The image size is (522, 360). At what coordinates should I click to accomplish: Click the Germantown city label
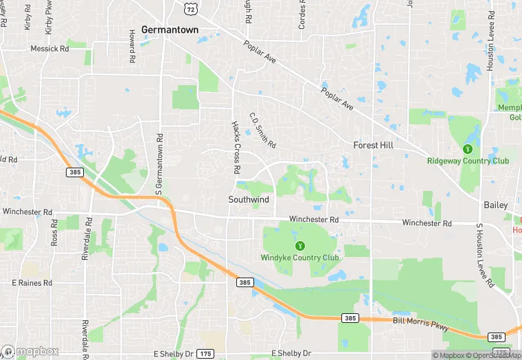pyautogui.click(x=170, y=30)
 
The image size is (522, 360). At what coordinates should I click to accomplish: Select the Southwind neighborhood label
pyautogui.click(x=249, y=199)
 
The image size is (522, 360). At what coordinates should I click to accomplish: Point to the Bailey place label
pyautogui.click(x=495, y=205)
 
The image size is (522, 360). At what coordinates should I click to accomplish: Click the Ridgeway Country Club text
pyautogui.click(x=468, y=161)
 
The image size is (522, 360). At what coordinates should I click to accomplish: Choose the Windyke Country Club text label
pyautogui.click(x=299, y=258)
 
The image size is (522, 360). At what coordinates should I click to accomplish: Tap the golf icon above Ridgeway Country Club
pyautogui.click(x=468, y=148)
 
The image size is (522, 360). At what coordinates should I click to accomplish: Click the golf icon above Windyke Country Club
pyautogui.click(x=299, y=245)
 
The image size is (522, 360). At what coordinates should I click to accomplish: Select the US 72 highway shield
pyautogui.click(x=191, y=7)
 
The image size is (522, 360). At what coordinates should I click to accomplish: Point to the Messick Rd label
pyautogui.click(x=50, y=49)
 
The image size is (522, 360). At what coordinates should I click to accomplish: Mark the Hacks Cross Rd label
pyautogui.click(x=235, y=147)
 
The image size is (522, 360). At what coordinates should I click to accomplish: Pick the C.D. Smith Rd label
pyautogui.click(x=262, y=131)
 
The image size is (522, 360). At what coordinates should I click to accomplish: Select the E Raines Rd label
pyautogui.click(x=32, y=282)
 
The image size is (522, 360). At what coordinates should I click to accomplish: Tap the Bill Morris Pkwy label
pyautogui.click(x=420, y=324)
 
